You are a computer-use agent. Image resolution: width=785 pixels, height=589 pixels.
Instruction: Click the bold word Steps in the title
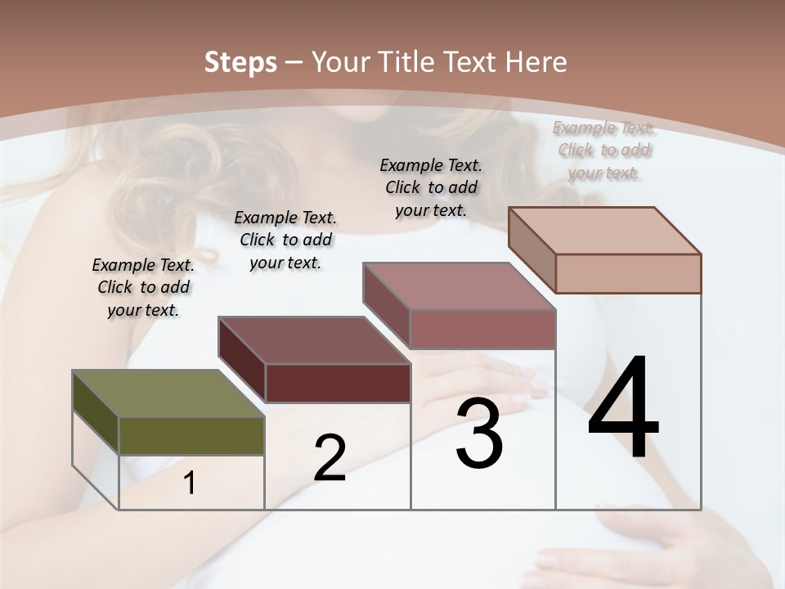pos(240,62)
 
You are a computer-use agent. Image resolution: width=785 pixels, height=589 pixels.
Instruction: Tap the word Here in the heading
pos(536,62)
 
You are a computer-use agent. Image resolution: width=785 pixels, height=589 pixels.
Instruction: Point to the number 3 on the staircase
pos(479,434)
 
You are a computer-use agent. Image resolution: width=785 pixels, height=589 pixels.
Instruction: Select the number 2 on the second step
pos(330,458)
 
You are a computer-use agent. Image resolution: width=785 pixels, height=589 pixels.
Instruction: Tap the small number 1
pos(190,483)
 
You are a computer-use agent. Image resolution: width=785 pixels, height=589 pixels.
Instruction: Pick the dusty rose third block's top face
pos(458,286)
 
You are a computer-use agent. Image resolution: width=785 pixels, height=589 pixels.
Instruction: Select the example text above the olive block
pos(143,287)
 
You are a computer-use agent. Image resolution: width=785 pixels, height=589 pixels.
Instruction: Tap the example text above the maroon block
pos(285,240)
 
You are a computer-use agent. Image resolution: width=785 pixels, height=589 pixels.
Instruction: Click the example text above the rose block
pos(431,187)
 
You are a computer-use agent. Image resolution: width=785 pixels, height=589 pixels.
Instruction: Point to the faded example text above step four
pos(603,150)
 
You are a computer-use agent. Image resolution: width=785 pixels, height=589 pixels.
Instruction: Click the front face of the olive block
pos(191,435)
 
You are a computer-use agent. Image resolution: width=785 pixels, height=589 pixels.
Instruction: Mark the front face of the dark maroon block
pos(338,383)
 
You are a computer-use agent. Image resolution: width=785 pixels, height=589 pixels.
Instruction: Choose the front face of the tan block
pos(628,273)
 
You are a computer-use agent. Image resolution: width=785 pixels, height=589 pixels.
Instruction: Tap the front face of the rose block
pos(482,329)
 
